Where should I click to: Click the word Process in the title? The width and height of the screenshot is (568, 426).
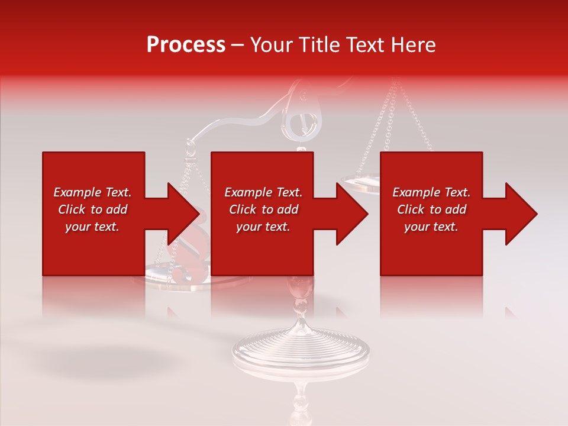(186, 45)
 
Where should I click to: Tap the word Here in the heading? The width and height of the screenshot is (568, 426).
(414, 45)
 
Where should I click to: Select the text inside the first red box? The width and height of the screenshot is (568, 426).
(92, 209)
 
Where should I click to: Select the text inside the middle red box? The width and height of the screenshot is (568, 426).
(263, 209)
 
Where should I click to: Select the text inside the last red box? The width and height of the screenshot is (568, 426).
(431, 209)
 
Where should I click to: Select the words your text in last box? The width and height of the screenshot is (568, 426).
(431, 227)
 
